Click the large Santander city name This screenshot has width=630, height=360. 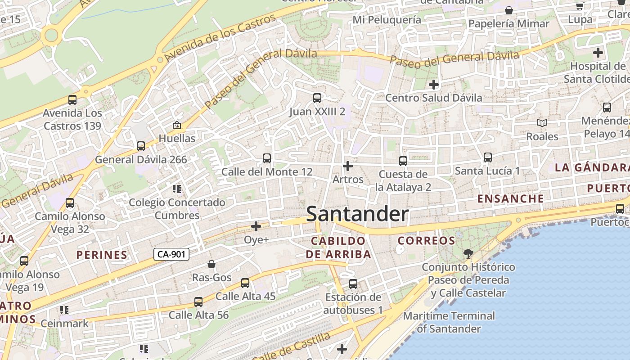tap(357, 214)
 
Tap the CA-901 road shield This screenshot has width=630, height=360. tap(171, 254)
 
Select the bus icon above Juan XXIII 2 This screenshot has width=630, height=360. tap(317, 98)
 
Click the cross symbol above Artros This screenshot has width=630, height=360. tap(347, 166)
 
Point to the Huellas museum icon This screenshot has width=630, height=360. tap(177, 125)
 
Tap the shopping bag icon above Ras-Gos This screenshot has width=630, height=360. tap(211, 264)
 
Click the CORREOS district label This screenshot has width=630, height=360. tap(427, 240)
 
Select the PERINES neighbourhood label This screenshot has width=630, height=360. tap(102, 255)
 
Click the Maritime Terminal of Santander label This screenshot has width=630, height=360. tap(449, 322)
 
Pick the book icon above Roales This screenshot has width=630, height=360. tap(542, 123)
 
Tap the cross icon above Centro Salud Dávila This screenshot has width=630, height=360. tap(433, 84)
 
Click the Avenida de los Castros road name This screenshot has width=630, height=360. tap(220, 38)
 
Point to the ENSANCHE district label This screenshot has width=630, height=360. tap(510, 198)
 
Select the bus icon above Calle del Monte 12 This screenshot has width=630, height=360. tap(267, 158)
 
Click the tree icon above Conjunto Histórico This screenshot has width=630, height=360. tap(468, 254)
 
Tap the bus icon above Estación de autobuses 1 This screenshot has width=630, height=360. tap(353, 284)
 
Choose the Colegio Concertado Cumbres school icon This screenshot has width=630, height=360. tap(177, 189)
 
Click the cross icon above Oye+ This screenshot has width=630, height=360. tap(256, 226)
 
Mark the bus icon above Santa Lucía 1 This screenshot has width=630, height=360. tap(487, 157)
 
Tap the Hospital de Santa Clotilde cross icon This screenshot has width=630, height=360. tap(598, 53)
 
